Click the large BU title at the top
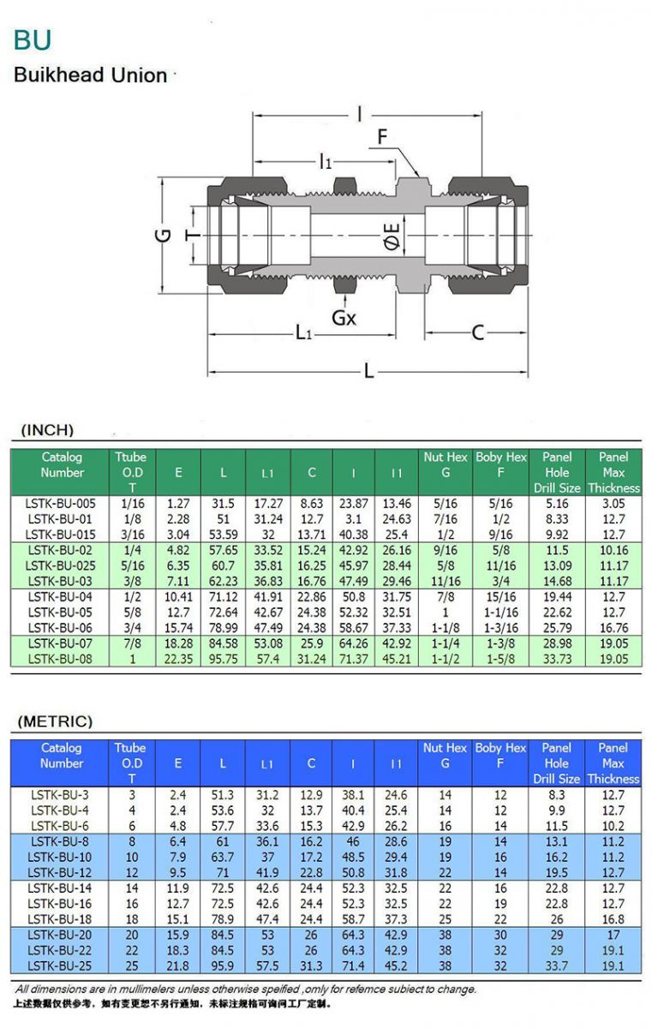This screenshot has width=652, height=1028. pyautogui.click(x=33, y=39)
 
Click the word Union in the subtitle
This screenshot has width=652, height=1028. pyautogui.click(x=141, y=75)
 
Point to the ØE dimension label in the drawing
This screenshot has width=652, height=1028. pyautogui.click(x=392, y=236)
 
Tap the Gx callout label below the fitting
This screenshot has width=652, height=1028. pyautogui.click(x=344, y=318)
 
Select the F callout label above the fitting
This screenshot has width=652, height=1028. pyautogui.click(x=382, y=137)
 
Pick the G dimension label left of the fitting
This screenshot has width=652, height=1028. pyautogui.click(x=164, y=235)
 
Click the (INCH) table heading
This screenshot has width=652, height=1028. pyautogui.click(x=48, y=430)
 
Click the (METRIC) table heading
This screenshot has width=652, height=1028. pyautogui.click(x=55, y=721)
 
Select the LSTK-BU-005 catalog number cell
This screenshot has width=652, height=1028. pyautogui.click(x=62, y=504)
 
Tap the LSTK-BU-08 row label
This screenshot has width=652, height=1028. pyautogui.click(x=62, y=659)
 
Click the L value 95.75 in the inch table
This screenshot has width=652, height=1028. pyautogui.click(x=223, y=659)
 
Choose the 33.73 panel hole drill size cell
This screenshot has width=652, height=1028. pyautogui.click(x=557, y=659)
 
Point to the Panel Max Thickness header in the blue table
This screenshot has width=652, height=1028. pyautogui.click(x=613, y=763)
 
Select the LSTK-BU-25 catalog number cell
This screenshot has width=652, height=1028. pyautogui.click(x=62, y=966)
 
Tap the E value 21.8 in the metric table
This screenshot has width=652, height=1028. pyautogui.click(x=178, y=966)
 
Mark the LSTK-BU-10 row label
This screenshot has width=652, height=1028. pyautogui.click(x=62, y=858)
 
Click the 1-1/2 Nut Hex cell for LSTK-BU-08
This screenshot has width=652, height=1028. pyautogui.click(x=446, y=659)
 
